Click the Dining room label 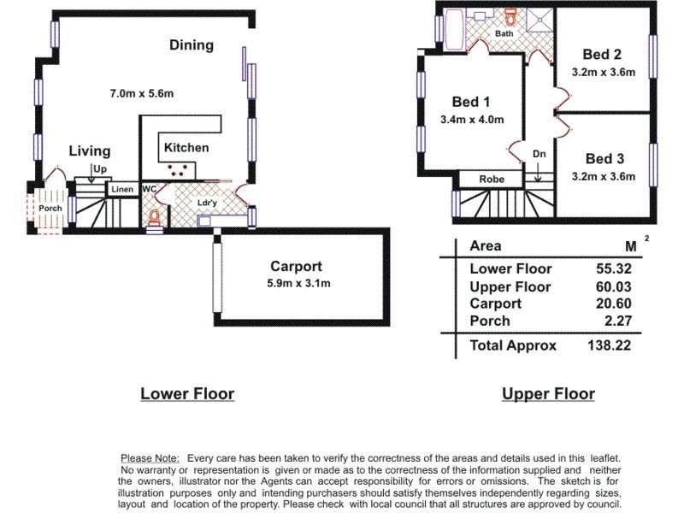[192, 45]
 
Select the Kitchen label [186, 147]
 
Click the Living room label [90, 151]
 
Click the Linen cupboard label [121, 189]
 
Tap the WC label [149, 189]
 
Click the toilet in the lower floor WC [155, 217]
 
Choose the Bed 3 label [604, 159]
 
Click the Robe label [491, 180]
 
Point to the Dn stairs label [539, 154]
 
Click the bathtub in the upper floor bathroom [452, 30]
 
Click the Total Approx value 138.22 [609, 345]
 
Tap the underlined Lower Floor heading [187, 394]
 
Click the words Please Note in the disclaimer [150, 459]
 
